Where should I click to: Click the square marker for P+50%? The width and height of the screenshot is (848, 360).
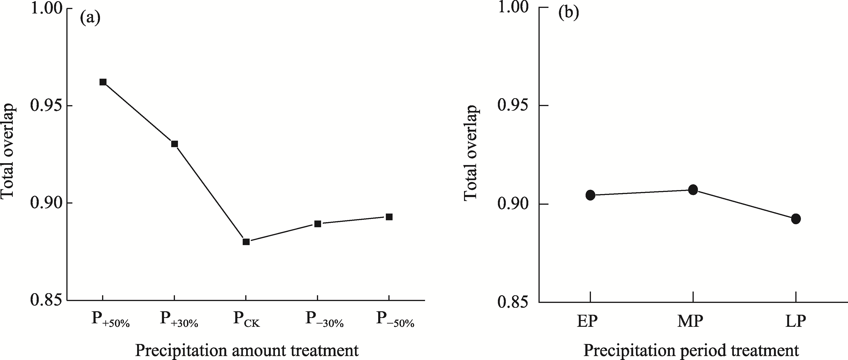(103, 82)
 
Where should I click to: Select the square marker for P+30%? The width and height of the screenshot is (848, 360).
(174, 144)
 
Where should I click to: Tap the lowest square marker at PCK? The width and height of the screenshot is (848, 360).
(246, 242)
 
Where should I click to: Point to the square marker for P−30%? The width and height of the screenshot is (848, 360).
(318, 224)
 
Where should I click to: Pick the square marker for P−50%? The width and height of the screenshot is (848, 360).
(389, 217)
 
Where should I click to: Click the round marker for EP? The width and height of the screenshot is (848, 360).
(590, 195)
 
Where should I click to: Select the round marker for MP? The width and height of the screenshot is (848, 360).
(693, 190)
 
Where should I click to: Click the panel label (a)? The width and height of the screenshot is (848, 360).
(90, 18)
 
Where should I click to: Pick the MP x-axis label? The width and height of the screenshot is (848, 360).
(690, 321)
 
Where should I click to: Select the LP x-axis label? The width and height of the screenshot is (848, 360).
(796, 321)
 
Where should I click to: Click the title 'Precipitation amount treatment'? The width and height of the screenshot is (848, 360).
(247, 350)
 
